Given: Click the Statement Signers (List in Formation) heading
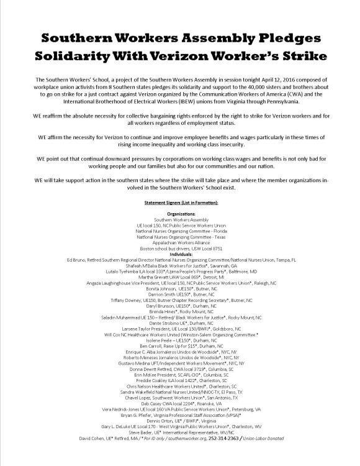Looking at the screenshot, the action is pyautogui.click(x=180, y=202).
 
